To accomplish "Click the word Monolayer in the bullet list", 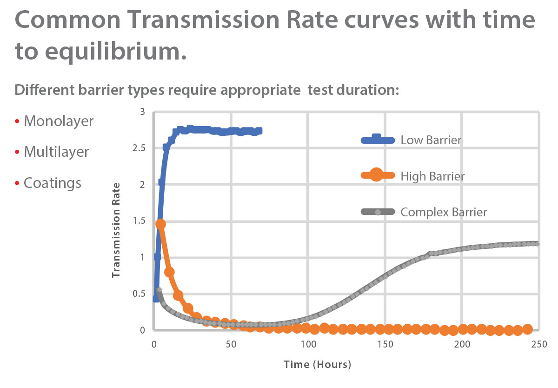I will [59, 121].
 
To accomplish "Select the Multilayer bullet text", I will [56, 152].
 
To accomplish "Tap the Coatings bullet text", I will [53, 183].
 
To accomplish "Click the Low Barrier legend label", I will [431, 140].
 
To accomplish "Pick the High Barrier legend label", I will [432, 176].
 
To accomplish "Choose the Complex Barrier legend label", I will [444, 212].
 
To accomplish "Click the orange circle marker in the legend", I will [376, 176].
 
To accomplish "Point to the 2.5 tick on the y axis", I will [139, 148].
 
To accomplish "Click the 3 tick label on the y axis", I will [143, 112].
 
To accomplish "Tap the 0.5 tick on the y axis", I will [139, 294].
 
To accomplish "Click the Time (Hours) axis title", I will [318, 364].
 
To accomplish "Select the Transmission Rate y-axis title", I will [117, 230].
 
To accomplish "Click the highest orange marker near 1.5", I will [161, 224].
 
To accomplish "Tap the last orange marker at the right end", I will [527, 329].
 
